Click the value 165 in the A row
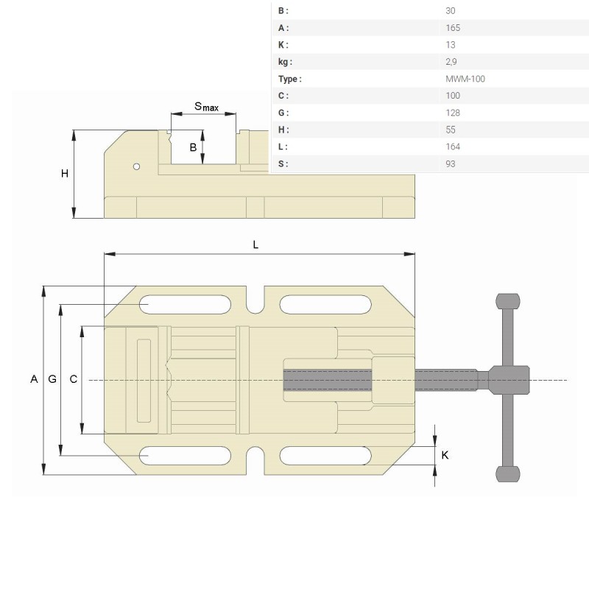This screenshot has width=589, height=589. tap(453, 28)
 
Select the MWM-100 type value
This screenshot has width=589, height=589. tap(465, 79)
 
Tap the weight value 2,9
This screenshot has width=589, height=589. tap(451, 62)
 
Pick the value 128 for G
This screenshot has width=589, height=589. tap(453, 113)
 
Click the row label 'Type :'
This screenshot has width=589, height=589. tap(289, 79)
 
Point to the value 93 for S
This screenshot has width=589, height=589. tap(451, 163)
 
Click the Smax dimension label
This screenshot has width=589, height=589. tap(206, 107)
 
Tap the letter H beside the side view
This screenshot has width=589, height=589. tap(65, 174)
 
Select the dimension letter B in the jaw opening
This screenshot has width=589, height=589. tap(193, 147)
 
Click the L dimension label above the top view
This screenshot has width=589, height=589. tap(255, 245)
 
